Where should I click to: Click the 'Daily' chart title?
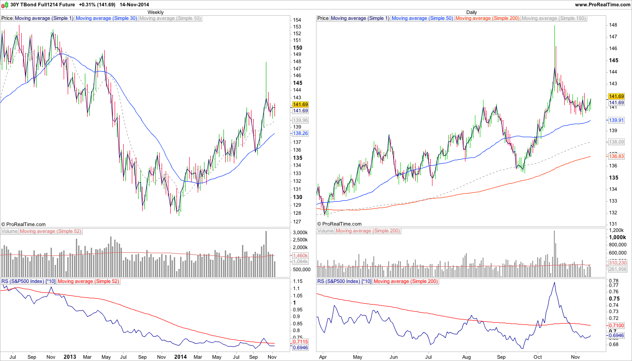(x=471, y=12)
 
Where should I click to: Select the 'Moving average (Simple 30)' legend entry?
(x=106, y=19)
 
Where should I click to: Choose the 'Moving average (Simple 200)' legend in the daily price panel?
(x=488, y=19)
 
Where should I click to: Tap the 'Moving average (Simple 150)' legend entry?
(x=553, y=19)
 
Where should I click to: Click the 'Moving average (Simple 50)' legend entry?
(x=422, y=19)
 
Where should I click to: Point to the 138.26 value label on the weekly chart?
(x=300, y=134)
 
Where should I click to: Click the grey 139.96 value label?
(x=300, y=120)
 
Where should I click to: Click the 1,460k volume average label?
(x=300, y=255)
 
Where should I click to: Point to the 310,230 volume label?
(x=617, y=263)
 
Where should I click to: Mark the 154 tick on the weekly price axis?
(x=297, y=20)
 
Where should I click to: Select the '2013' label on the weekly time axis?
(x=70, y=356)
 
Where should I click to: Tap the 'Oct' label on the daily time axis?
(x=537, y=356)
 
